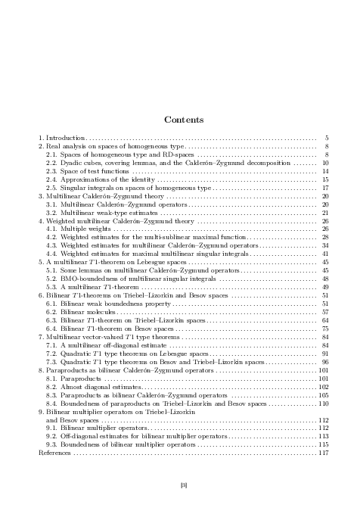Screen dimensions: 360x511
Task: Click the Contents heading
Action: pos(180,120)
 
